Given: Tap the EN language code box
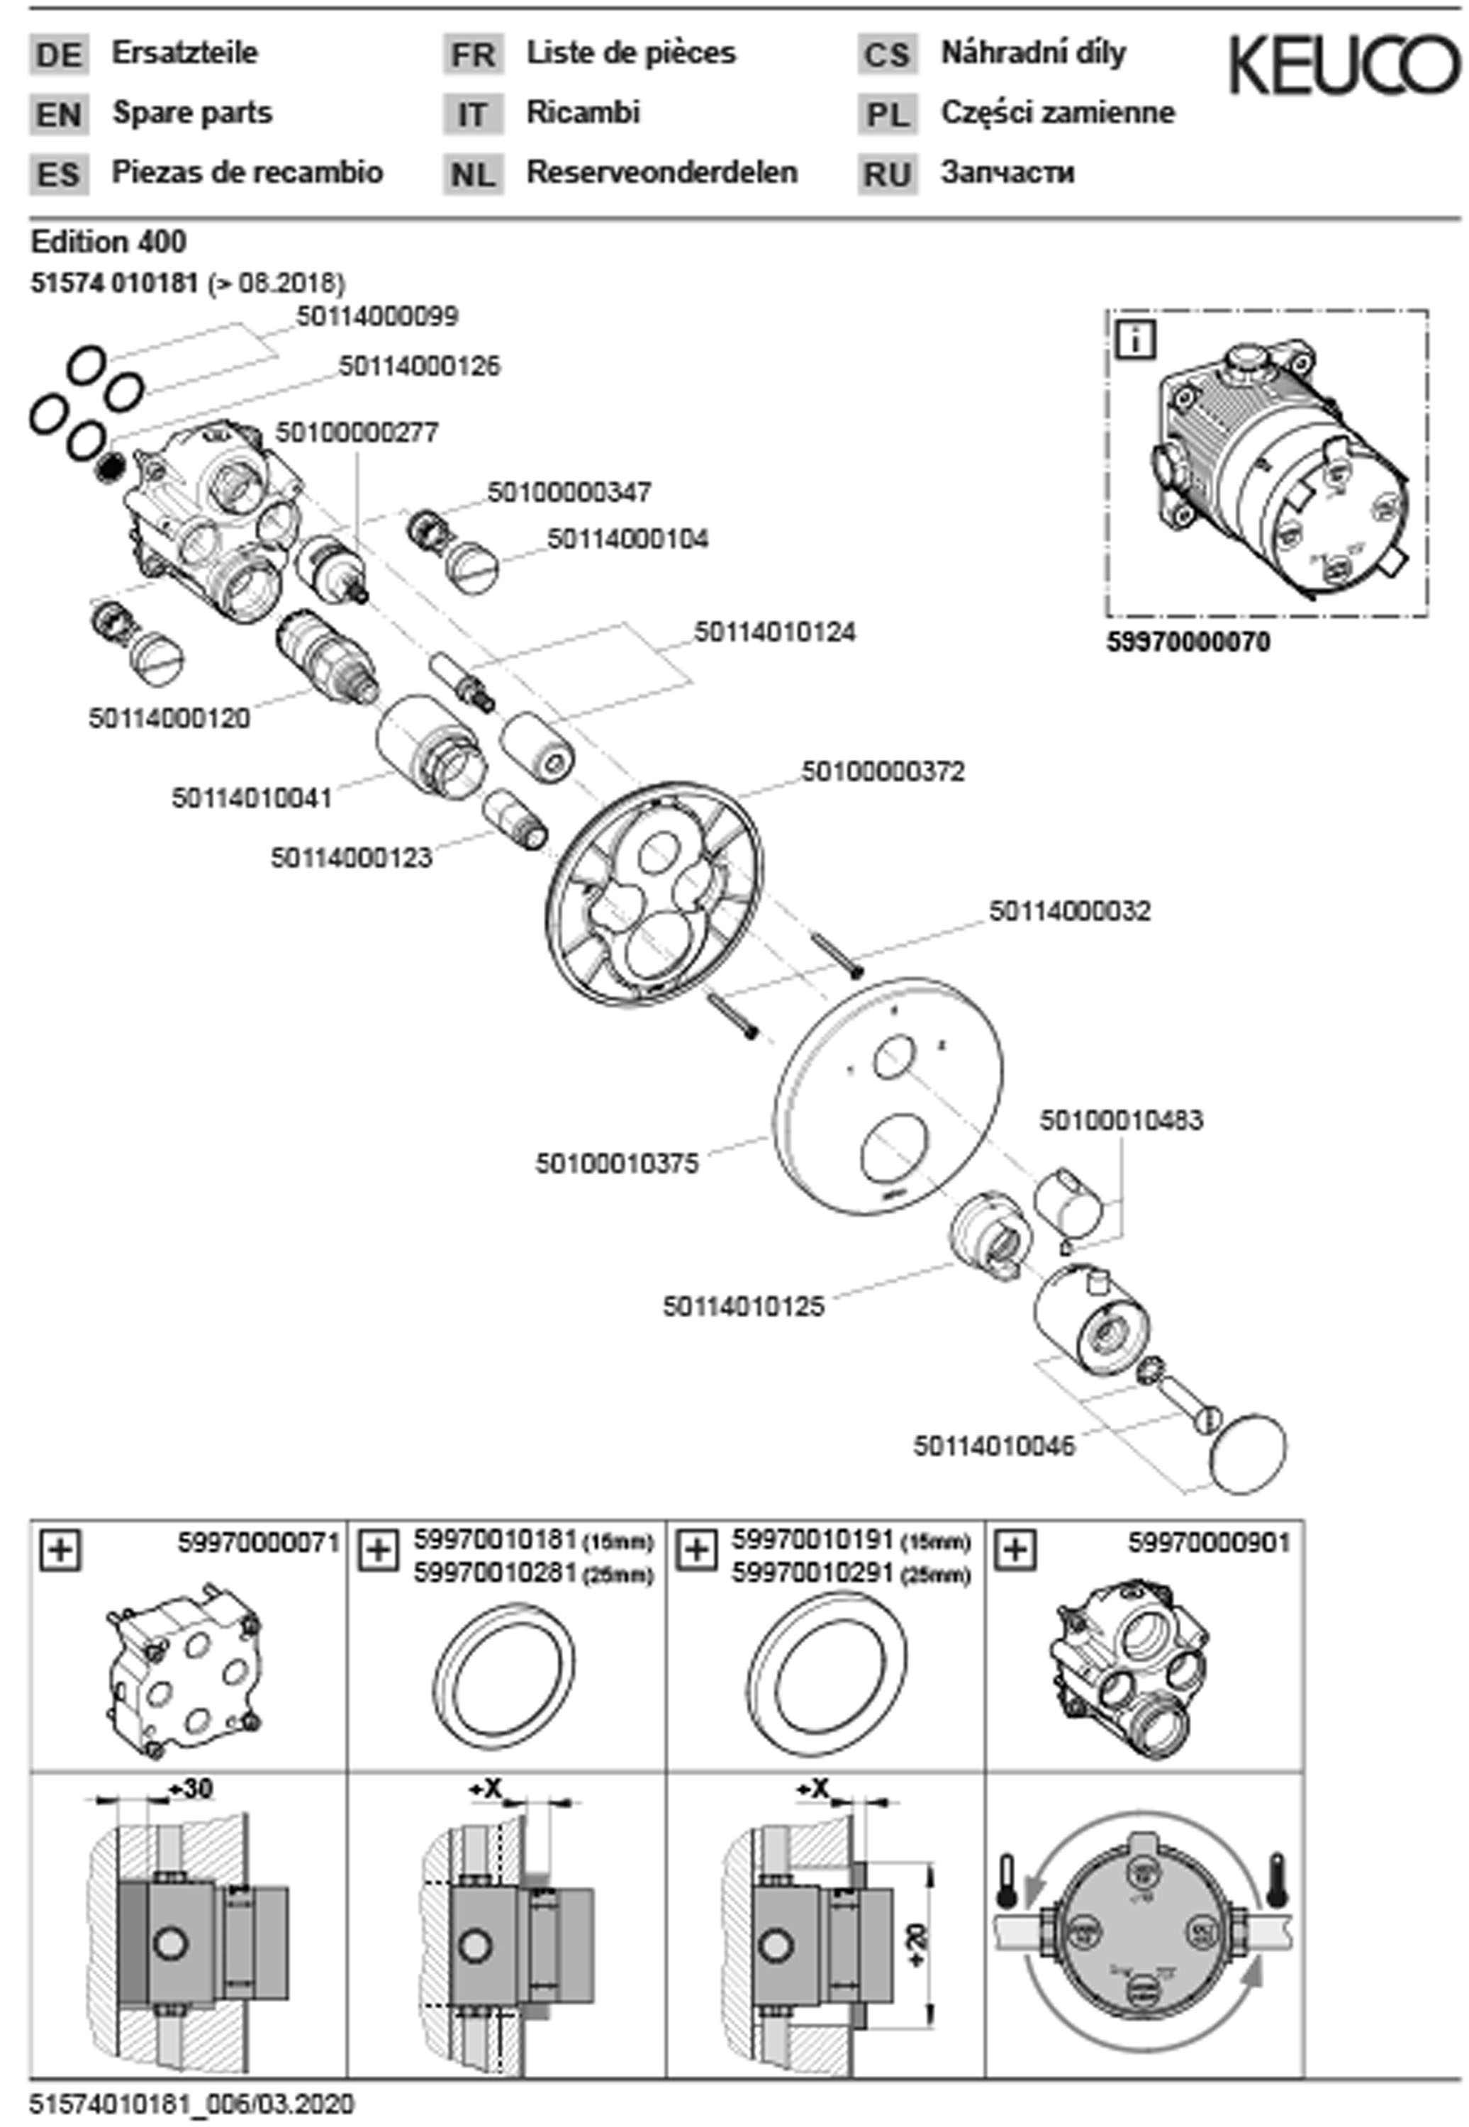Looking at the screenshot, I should (59, 115).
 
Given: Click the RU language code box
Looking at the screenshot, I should (888, 174).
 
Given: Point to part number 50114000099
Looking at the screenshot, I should (376, 317).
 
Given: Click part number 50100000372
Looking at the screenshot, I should (883, 771).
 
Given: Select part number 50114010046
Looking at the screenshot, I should (994, 1446).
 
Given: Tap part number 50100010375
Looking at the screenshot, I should (617, 1163).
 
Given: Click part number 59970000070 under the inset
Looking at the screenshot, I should (1188, 642).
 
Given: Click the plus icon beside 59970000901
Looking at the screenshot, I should (1015, 1550).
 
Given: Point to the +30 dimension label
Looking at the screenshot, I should (191, 1788).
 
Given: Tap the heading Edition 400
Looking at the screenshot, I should (108, 242).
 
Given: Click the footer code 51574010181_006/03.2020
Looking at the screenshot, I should (191, 2104).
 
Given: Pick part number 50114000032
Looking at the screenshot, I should (1070, 911).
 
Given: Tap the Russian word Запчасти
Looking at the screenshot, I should (1007, 173).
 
